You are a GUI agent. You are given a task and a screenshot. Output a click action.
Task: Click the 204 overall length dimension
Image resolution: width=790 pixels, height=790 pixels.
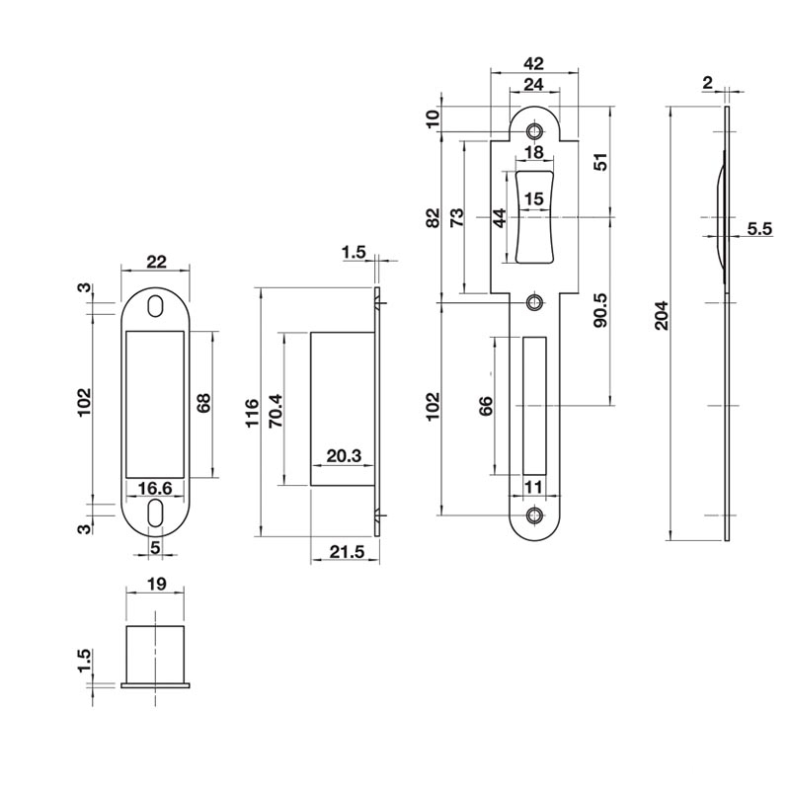(x=661, y=315)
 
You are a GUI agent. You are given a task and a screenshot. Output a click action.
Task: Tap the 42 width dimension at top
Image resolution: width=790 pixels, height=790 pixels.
(x=534, y=63)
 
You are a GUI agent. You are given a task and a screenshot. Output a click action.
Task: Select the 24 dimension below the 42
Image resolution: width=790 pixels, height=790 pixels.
(x=534, y=85)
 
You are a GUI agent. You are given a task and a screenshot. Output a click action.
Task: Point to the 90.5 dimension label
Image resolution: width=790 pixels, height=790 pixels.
(x=601, y=310)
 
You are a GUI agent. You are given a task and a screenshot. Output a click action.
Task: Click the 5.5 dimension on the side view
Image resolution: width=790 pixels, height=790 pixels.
(x=759, y=229)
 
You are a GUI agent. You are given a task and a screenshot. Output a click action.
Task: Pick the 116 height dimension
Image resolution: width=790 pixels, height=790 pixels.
(x=252, y=413)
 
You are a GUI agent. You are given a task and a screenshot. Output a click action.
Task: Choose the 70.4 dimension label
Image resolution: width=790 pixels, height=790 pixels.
(x=276, y=411)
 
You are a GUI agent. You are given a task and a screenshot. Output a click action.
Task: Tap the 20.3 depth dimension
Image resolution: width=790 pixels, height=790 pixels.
(x=344, y=456)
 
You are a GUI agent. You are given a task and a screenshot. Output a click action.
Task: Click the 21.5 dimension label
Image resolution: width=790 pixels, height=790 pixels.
(x=347, y=552)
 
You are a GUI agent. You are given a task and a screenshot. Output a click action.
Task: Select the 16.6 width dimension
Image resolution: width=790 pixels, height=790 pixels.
(x=155, y=488)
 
